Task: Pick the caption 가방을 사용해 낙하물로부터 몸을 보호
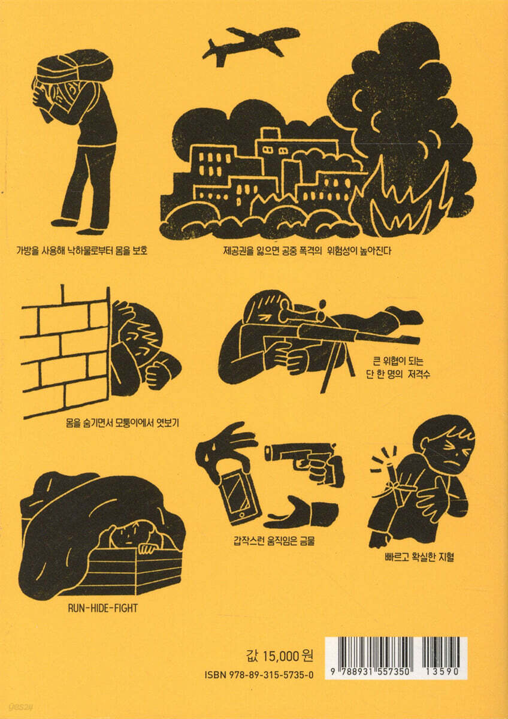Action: click(x=81, y=250)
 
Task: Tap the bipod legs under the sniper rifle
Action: click(x=338, y=369)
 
